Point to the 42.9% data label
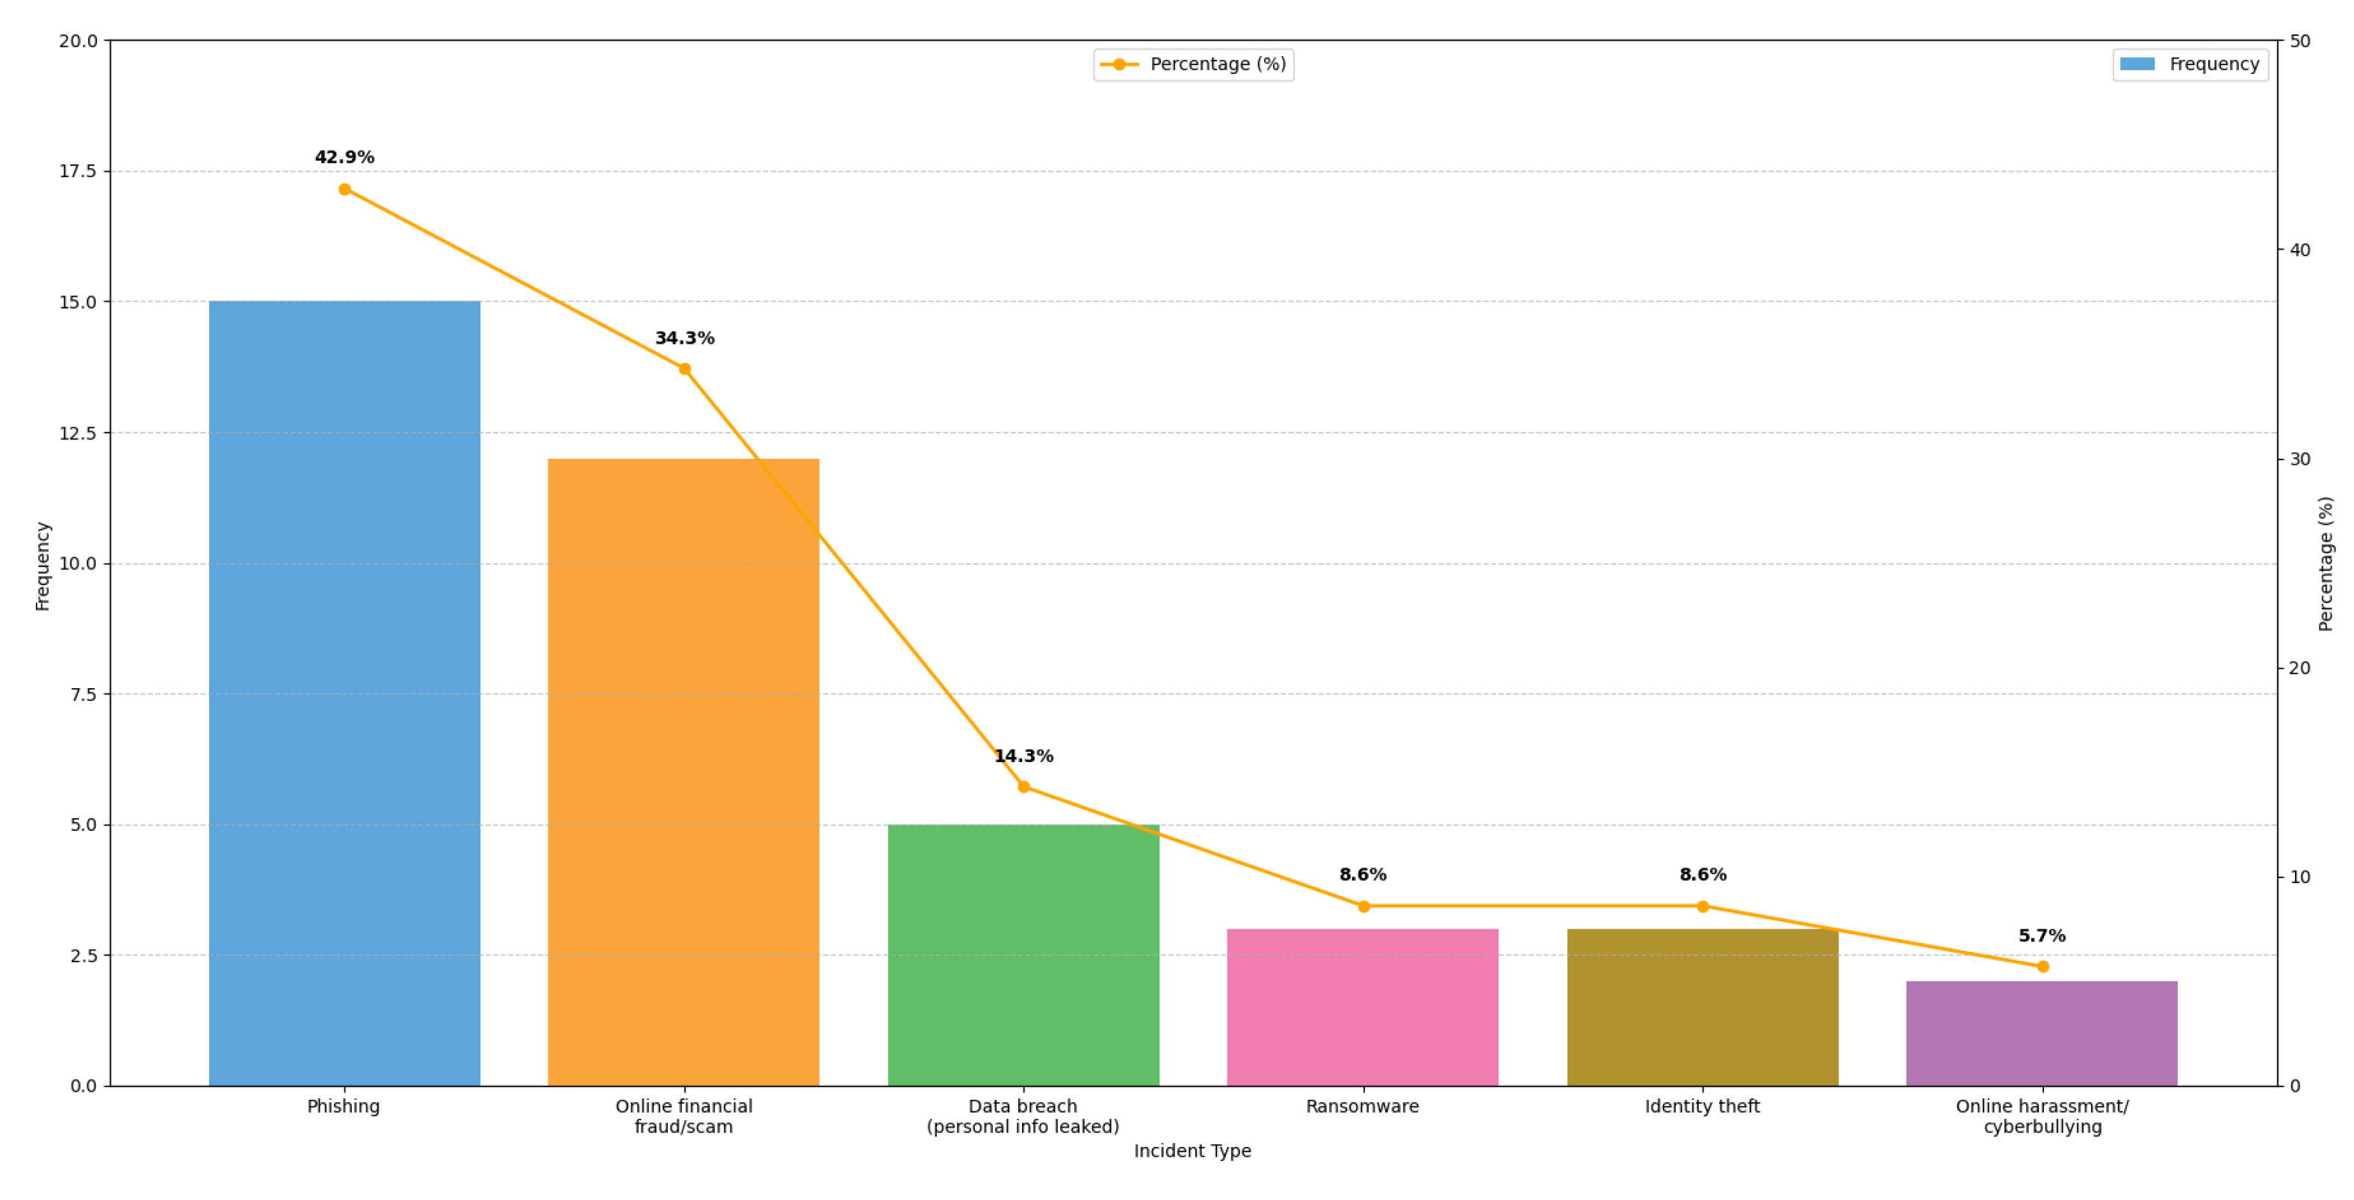point(344,157)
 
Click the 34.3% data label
point(684,338)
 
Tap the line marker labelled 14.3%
point(1023,787)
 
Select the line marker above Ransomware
point(1363,906)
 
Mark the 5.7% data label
point(2042,936)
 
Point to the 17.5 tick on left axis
point(78,171)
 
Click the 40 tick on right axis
point(2299,250)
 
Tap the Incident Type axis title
point(1192,1151)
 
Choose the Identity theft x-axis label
point(1702,1106)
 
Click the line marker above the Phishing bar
point(344,189)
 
